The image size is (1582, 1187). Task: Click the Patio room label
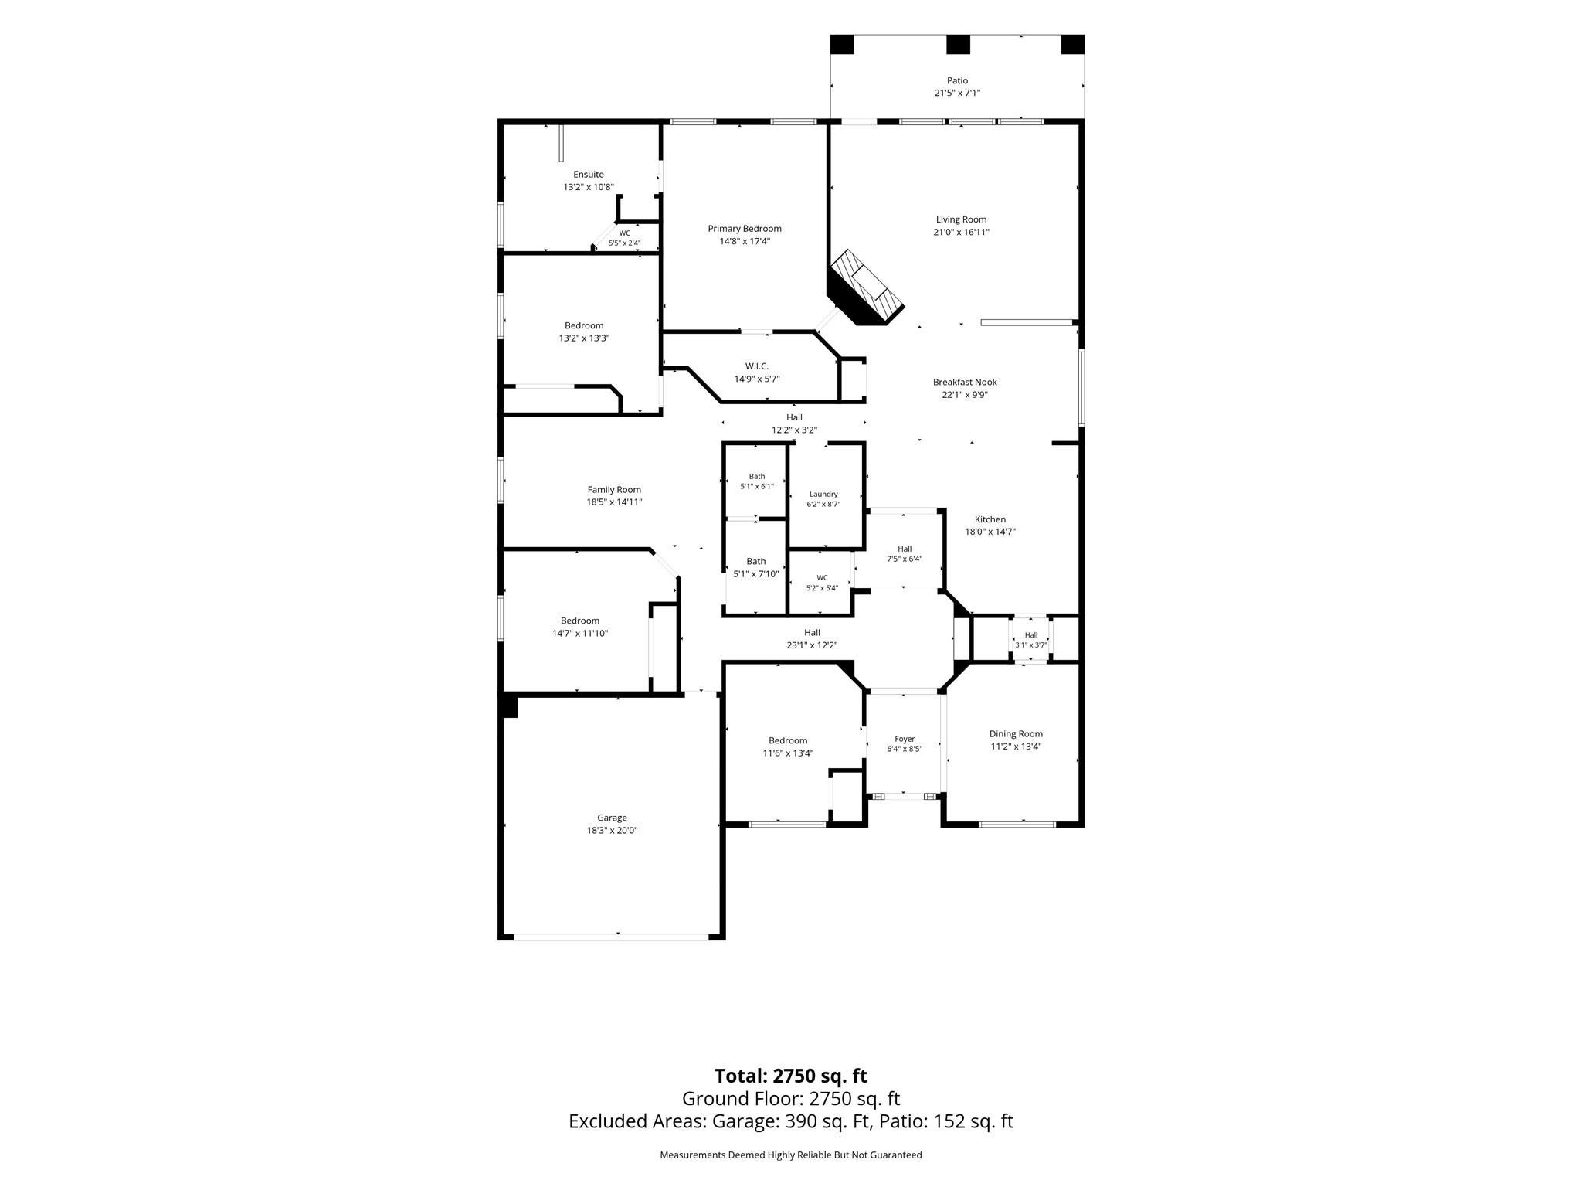[957, 80]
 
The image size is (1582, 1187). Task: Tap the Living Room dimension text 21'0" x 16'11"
[962, 232]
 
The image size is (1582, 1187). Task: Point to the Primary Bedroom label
[745, 229]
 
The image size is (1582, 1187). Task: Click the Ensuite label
[589, 175]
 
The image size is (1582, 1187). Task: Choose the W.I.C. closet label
[757, 366]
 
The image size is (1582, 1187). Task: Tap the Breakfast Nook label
[965, 382]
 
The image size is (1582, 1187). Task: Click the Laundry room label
[823, 495]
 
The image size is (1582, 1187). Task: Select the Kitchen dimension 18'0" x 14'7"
[990, 532]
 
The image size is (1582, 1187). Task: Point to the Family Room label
[614, 489]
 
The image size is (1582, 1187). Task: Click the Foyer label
[905, 740]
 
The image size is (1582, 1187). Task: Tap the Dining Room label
[1016, 734]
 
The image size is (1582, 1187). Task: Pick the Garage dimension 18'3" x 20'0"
[612, 830]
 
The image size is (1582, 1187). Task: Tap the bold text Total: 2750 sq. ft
[791, 1076]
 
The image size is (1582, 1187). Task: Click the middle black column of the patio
[958, 45]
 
